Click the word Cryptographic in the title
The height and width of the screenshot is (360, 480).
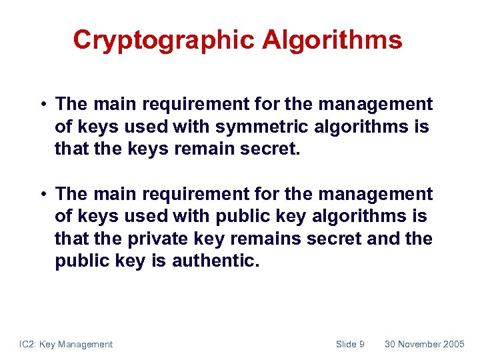(164, 40)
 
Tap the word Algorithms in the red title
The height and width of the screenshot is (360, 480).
(332, 40)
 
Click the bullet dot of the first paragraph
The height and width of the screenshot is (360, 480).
(42, 105)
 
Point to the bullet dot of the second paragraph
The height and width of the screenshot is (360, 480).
(42, 195)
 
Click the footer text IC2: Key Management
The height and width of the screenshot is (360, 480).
(66, 344)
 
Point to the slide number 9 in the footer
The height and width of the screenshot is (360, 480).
(361, 344)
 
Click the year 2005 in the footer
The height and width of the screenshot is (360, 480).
(454, 344)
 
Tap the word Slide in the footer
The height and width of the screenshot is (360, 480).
(346, 344)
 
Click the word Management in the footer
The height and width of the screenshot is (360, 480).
(85, 344)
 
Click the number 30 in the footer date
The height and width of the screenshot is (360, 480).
(390, 344)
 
